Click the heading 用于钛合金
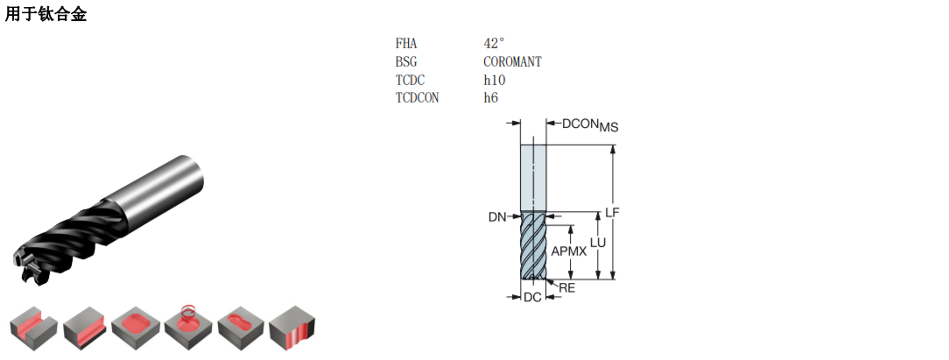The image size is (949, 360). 46,13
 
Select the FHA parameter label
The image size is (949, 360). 407,44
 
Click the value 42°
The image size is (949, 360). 494,44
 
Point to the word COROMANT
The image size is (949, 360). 513,61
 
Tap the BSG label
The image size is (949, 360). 407,61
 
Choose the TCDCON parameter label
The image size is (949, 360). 418,98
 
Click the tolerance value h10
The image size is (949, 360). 495,80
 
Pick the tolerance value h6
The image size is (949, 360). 491,98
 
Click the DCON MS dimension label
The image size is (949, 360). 590,124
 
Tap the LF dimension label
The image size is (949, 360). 613,212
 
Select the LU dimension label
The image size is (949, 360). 598,243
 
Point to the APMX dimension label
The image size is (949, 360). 569,251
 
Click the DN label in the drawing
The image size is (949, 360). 497,217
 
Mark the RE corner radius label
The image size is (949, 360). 567,288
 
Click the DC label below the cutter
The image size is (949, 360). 532,297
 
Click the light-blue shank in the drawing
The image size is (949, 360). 533,179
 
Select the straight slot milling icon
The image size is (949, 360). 34,329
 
